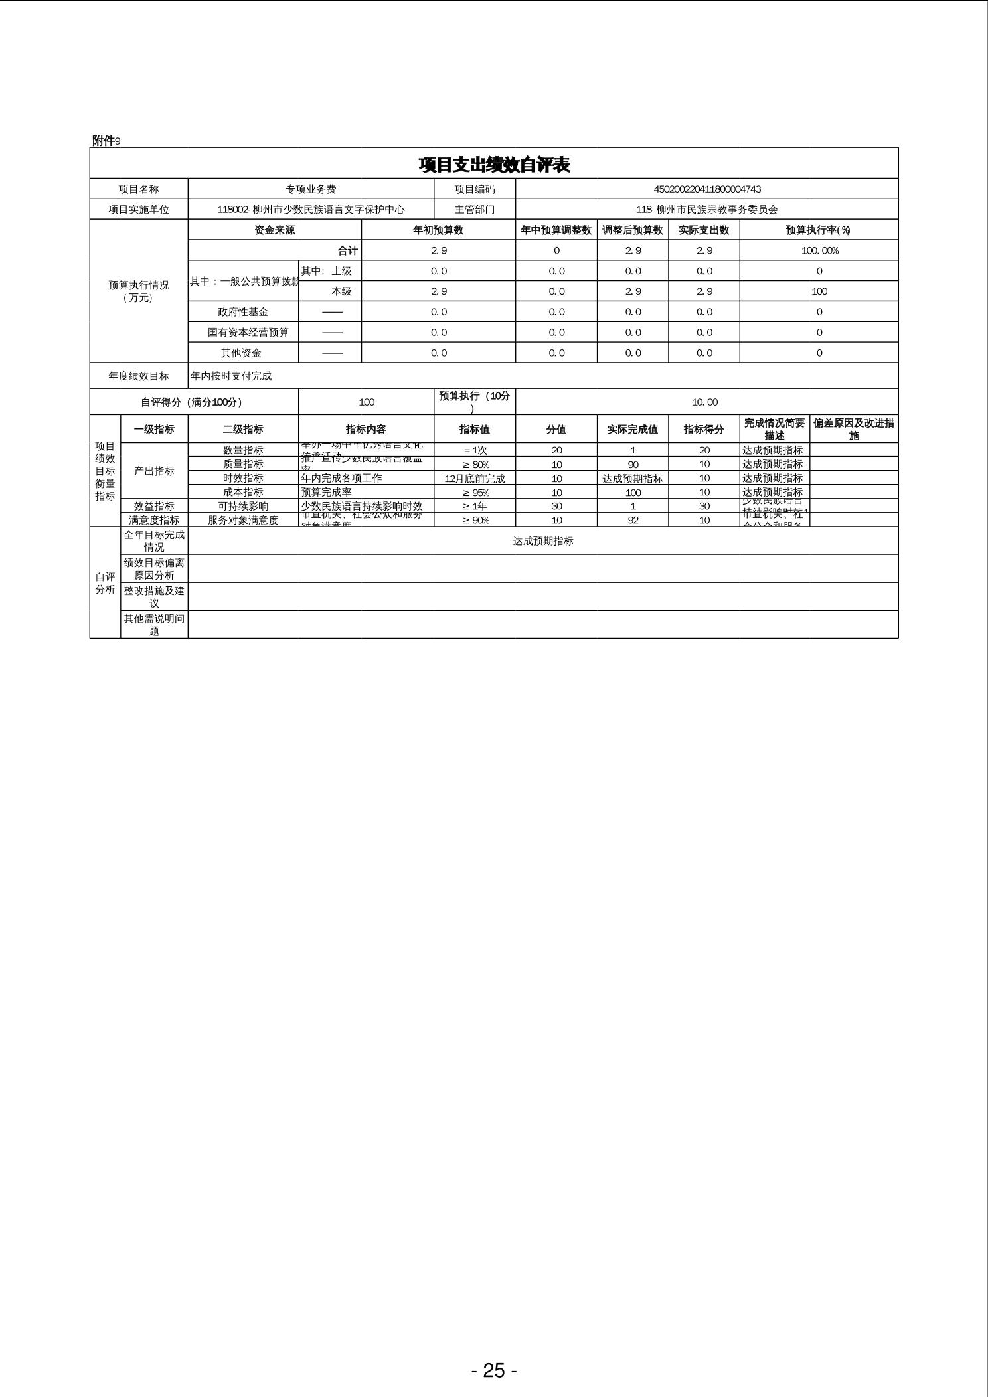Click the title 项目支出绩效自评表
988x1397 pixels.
pyautogui.click(x=494, y=165)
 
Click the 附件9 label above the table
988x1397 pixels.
pyautogui.click(x=106, y=141)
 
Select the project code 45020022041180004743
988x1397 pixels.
pyautogui.click(x=706, y=189)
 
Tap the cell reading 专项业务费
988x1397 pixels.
pyautogui.click(x=311, y=189)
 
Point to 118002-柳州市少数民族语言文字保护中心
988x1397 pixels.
pyautogui.click(x=311, y=210)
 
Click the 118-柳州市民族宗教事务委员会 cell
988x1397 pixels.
pyautogui.click(x=706, y=210)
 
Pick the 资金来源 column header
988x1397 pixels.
pyautogui.click(x=274, y=230)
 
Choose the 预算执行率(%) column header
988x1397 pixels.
pyautogui.click(x=818, y=230)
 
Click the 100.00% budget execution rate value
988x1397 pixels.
pyautogui.click(x=819, y=251)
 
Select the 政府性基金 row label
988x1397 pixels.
pyautogui.click(x=243, y=312)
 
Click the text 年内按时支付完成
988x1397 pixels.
pyautogui.click(x=231, y=376)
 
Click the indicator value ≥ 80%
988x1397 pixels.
pyautogui.click(x=475, y=465)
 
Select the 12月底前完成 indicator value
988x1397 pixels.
pyautogui.click(x=475, y=479)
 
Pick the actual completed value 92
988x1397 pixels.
pyautogui.click(x=633, y=521)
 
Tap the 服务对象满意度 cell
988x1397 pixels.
pyautogui.click(x=243, y=521)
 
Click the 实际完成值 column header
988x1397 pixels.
pyautogui.click(x=632, y=430)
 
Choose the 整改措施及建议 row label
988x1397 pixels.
pyautogui.click(x=154, y=597)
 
